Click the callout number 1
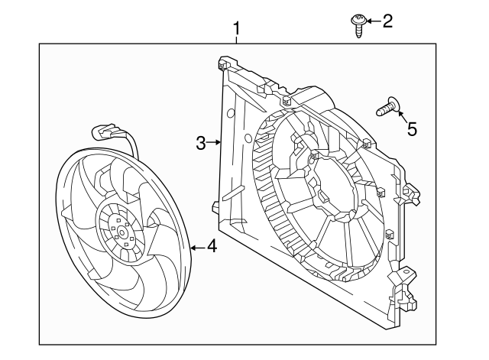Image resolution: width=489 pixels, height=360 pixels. [237, 29]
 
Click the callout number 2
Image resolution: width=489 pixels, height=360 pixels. [387, 21]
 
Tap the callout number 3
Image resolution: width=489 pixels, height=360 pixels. [201, 142]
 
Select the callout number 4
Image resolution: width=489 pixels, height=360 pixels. [212, 247]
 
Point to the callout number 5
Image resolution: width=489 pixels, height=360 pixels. [412, 128]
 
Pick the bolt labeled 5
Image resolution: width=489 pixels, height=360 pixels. [388, 108]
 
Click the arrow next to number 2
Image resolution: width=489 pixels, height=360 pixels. [372, 21]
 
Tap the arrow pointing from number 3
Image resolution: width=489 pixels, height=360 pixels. [215, 142]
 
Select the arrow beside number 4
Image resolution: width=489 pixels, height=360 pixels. [196, 247]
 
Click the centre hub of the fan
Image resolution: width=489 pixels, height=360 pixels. [120, 229]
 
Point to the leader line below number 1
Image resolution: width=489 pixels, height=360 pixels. [237, 41]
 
